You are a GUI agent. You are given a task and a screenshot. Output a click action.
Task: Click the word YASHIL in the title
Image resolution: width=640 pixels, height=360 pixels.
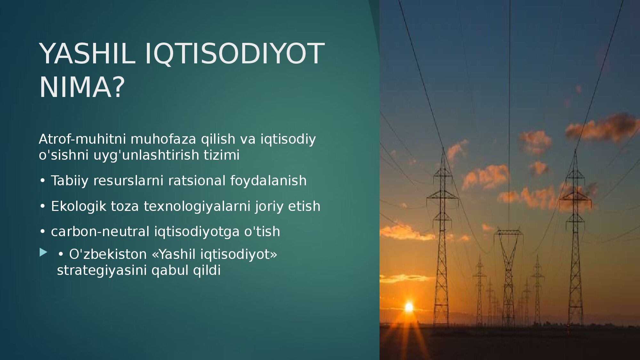click(x=87, y=53)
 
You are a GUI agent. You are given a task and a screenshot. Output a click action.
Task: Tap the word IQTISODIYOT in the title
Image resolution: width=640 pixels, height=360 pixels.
click(x=235, y=53)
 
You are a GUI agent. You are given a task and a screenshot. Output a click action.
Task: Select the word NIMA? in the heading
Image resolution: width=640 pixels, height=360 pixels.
click(x=82, y=87)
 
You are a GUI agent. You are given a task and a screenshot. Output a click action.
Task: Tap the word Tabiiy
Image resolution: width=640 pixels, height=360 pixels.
click(x=69, y=181)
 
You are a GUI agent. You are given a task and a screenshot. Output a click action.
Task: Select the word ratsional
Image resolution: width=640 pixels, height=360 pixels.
click(x=197, y=180)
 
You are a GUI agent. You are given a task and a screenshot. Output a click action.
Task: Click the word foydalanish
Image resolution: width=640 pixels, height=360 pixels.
click(x=268, y=181)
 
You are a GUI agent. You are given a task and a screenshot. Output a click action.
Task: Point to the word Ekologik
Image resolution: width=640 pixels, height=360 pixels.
click(x=78, y=206)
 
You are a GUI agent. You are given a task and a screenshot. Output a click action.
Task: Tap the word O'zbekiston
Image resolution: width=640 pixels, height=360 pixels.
click(x=108, y=254)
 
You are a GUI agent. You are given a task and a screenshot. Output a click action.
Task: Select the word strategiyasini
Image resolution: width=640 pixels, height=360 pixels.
click(x=102, y=270)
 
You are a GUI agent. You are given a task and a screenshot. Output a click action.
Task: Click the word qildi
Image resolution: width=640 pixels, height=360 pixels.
click(x=207, y=270)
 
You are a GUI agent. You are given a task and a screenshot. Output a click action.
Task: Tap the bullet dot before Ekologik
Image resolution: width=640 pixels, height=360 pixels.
click(x=43, y=206)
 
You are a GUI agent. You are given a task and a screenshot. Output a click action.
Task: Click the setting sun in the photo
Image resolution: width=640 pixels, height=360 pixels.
click(x=409, y=307)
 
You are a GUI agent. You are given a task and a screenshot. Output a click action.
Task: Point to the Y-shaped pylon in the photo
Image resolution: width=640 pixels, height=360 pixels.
click(x=508, y=275)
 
